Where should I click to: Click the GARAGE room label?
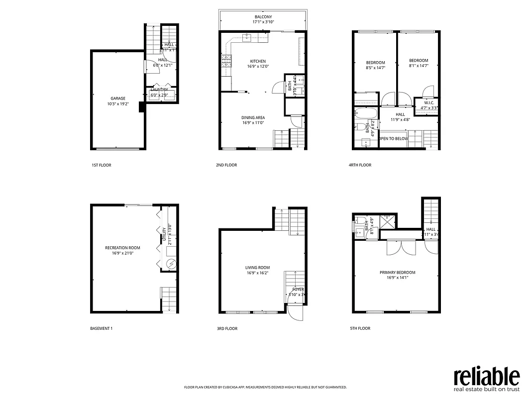[x=117, y=99]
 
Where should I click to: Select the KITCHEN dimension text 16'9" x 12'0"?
[x=258, y=67]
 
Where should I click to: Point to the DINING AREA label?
[x=253, y=117]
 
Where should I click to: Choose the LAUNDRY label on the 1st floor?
[x=160, y=90]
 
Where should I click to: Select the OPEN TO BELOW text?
[x=393, y=139]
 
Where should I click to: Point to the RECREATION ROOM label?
[x=122, y=247]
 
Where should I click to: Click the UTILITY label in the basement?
[x=164, y=234]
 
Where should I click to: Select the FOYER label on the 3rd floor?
[x=298, y=289]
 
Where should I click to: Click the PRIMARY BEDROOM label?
[x=397, y=272]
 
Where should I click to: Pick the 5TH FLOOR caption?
[x=360, y=328]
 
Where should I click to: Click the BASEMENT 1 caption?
[x=102, y=328]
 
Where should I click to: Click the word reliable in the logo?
[x=486, y=376]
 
